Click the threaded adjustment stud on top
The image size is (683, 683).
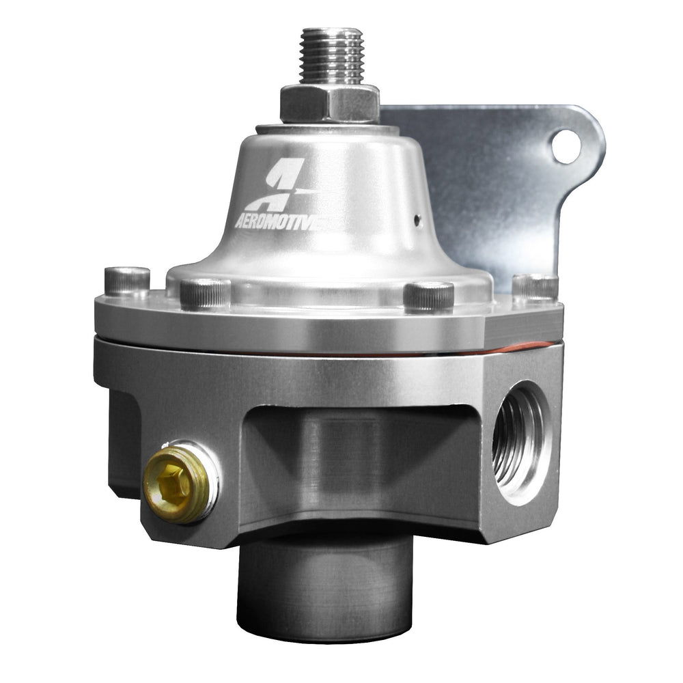pyautogui.click(x=331, y=55)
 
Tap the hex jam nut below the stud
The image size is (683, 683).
pyautogui.click(x=330, y=103)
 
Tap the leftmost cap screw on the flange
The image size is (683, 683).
pyautogui.click(x=127, y=281)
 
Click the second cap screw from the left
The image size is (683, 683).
pyautogui.click(x=205, y=292)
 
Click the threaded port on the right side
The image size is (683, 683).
pyautogui.click(x=519, y=441)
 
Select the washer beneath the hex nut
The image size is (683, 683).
pyautogui.click(x=328, y=129)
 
